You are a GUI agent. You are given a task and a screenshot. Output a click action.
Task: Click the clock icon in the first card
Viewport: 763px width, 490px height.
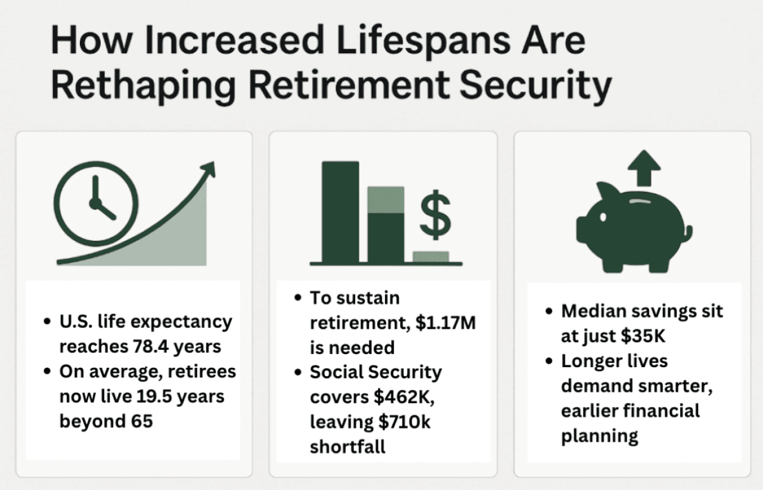95,201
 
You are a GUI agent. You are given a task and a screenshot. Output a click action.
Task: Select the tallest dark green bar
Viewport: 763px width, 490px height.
340,212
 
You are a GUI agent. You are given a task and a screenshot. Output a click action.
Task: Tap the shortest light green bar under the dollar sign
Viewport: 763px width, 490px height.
431,257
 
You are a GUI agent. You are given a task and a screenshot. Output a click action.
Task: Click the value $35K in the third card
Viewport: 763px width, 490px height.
643,336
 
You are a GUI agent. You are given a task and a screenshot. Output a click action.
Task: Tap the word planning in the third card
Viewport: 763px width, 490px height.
599,436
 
